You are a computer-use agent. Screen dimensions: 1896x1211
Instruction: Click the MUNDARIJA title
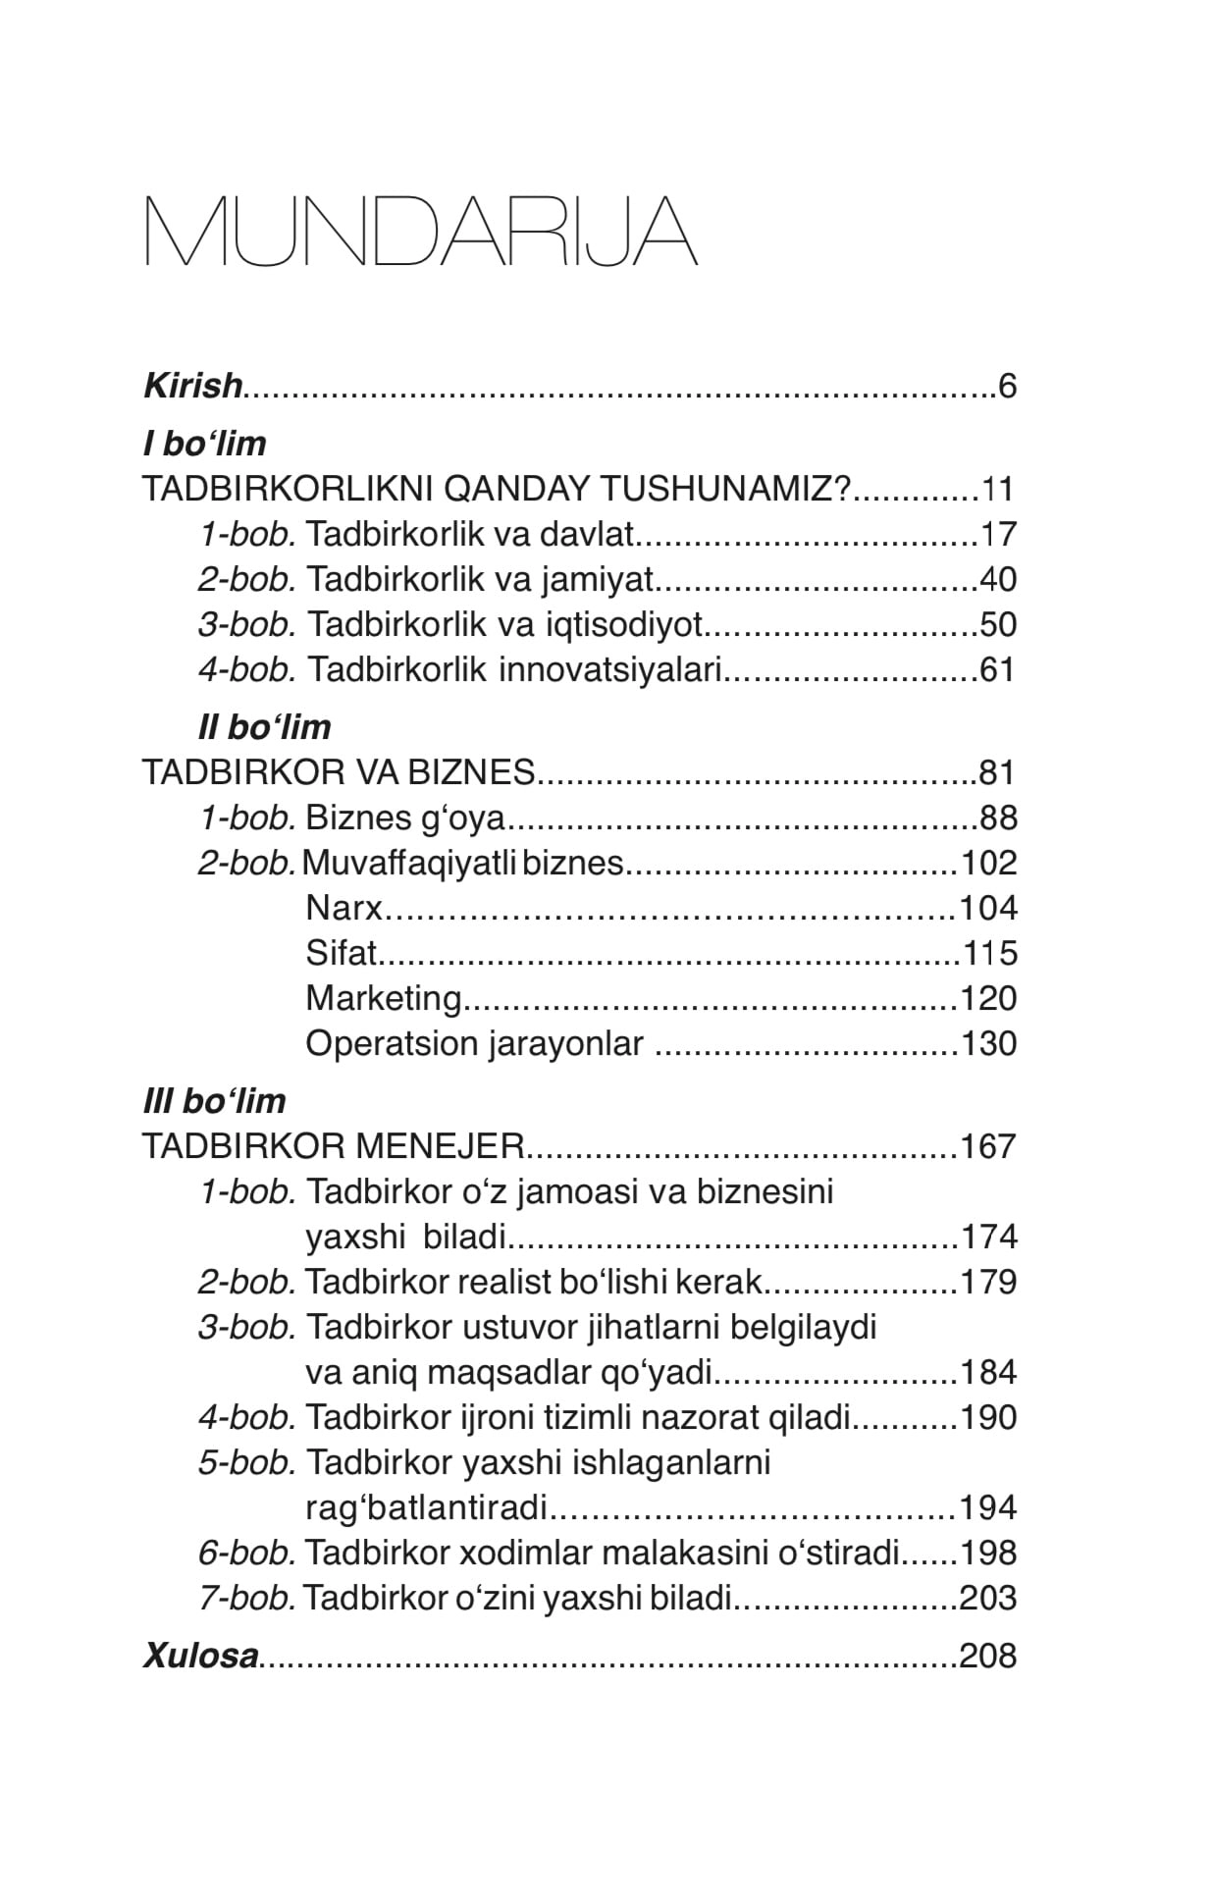point(420,232)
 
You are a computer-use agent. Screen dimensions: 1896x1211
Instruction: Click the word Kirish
point(192,386)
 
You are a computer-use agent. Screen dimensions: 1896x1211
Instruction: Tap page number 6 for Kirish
point(1007,386)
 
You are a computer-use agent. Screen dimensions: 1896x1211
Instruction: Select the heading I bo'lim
point(204,444)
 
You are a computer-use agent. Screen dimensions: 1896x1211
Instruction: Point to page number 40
point(998,579)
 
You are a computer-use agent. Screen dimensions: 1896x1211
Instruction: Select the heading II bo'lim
point(264,727)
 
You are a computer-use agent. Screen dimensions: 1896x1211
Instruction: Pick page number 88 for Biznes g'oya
point(998,817)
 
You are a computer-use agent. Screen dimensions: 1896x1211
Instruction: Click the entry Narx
point(343,908)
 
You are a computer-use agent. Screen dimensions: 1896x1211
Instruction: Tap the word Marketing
point(383,998)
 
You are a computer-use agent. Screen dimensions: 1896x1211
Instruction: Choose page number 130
point(988,1043)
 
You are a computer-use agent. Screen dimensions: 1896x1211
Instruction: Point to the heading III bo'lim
point(214,1101)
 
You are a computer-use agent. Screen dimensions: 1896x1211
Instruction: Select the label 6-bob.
point(246,1553)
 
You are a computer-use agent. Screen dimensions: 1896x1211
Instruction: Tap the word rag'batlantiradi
point(426,1507)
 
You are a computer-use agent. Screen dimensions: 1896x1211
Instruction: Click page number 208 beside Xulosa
point(988,1657)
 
